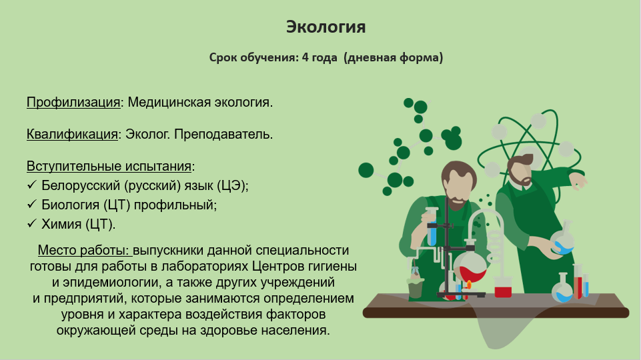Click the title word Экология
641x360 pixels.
(x=326, y=27)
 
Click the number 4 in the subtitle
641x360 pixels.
(x=305, y=57)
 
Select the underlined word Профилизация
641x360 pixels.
(x=73, y=102)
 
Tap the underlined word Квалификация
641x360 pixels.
(x=72, y=134)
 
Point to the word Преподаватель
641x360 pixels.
(x=223, y=134)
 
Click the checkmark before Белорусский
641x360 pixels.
(x=32, y=185)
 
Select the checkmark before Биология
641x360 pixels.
(x=32, y=204)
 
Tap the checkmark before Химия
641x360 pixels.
(x=32, y=223)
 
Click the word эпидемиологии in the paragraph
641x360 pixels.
(x=110, y=283)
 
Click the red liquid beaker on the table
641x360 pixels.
(x=503, y=287)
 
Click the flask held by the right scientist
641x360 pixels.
(x=563, y=239)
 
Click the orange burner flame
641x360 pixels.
(x=469, y=285)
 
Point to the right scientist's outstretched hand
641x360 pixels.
(x=578, y=180)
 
